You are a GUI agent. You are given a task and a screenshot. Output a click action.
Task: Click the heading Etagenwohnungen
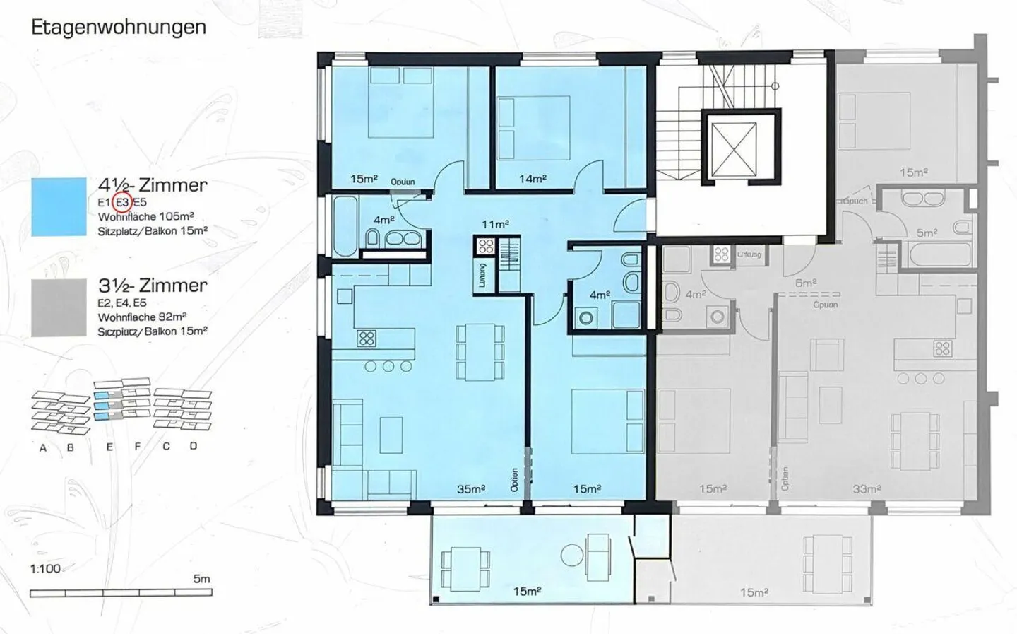[x=119, y=28]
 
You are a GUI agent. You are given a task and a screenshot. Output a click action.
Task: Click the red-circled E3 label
[x=122, y=203]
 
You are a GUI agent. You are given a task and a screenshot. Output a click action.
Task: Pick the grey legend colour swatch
[x=59, y=307]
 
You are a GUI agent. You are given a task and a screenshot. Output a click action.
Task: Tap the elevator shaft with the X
[x=734, y=147]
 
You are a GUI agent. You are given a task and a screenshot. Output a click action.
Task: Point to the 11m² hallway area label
[x=495, y=225]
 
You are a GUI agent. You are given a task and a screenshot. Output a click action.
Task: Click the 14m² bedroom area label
[x=533, y=179]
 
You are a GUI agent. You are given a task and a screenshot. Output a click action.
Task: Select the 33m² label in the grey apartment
[x=867, y=489]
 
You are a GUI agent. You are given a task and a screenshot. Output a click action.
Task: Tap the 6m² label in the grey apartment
[x=806, y=283]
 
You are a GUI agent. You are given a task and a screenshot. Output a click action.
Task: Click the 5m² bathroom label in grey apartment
[x=927, y=232]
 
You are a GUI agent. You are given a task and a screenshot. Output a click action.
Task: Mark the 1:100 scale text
[x=45, y=568]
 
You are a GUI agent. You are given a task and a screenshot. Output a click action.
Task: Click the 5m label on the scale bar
[x=201, y=579]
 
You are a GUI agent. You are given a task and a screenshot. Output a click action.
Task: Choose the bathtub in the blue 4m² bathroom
[x=346, y=227]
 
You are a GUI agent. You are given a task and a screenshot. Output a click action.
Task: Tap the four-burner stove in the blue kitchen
[x=366, y=338]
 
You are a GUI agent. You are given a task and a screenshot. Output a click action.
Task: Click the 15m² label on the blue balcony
[x=527, y=592]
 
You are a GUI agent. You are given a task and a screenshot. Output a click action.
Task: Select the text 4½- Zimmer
[x=153, y=185]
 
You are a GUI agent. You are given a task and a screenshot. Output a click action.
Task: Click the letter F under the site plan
[x=138, y=446]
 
